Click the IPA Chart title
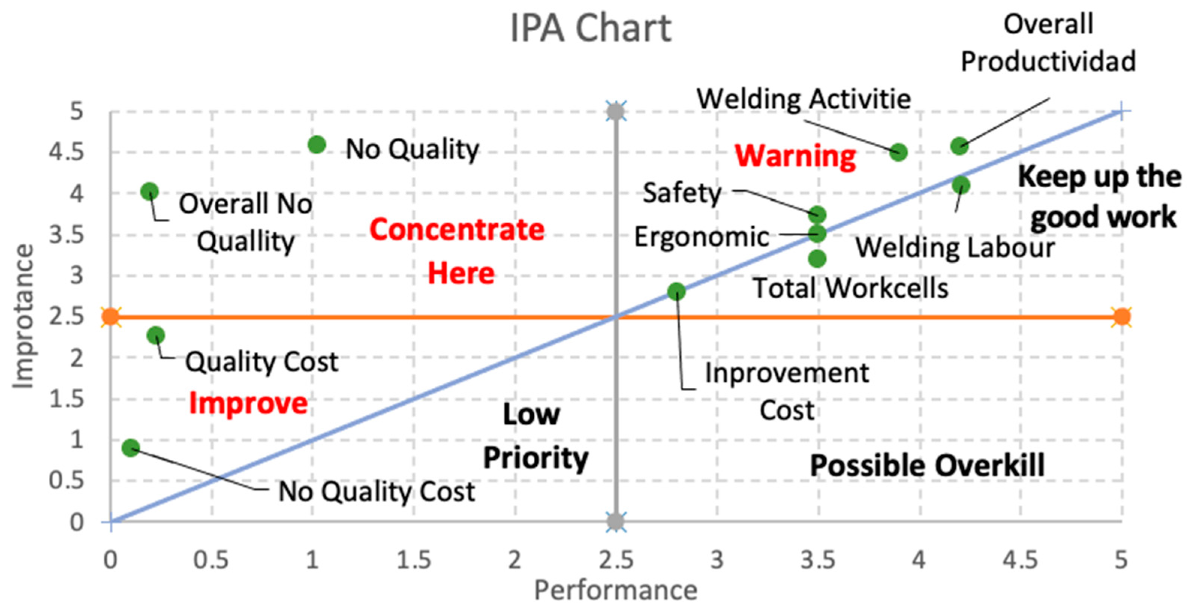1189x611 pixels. pos(590,29)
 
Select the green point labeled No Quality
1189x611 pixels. pos(317,145)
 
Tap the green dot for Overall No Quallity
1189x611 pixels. pos(149,191)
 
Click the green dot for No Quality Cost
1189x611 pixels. pos(131,447)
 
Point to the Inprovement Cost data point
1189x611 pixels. pos(677,291)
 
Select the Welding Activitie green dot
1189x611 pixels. pos(898,152)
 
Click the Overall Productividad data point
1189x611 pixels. pos(959,146)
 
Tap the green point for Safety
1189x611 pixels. pos(817,215)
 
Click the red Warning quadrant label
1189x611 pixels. pos(795,156)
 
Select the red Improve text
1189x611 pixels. pos(248,403)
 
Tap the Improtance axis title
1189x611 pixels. pos(23,317)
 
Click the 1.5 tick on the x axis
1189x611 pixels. pos(414,560)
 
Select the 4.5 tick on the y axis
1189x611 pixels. pos(66,152)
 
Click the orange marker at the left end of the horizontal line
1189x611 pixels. pos(111,317)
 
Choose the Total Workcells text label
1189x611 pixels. pos(850,289)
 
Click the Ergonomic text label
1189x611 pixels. pos(701,237)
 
